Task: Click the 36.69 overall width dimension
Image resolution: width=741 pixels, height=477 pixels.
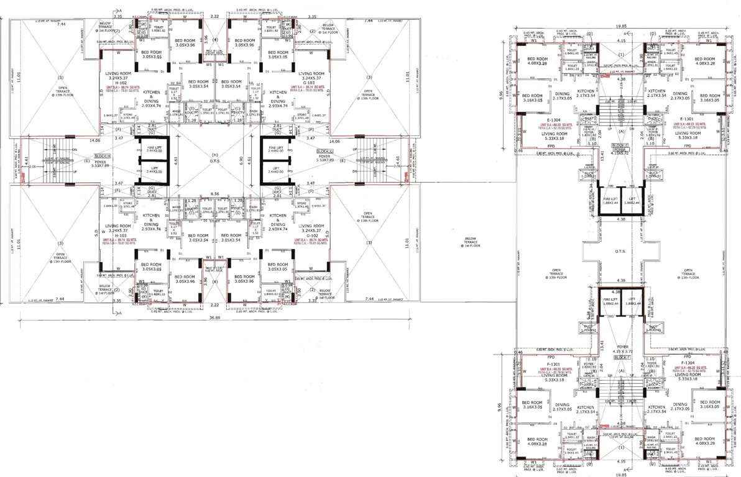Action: tap(214, 318)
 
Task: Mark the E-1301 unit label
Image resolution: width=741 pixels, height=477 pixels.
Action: tap(687, 119)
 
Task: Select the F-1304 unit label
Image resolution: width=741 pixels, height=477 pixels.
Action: tap(687, 363)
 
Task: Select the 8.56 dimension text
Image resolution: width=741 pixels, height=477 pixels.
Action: tap(214, 194)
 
